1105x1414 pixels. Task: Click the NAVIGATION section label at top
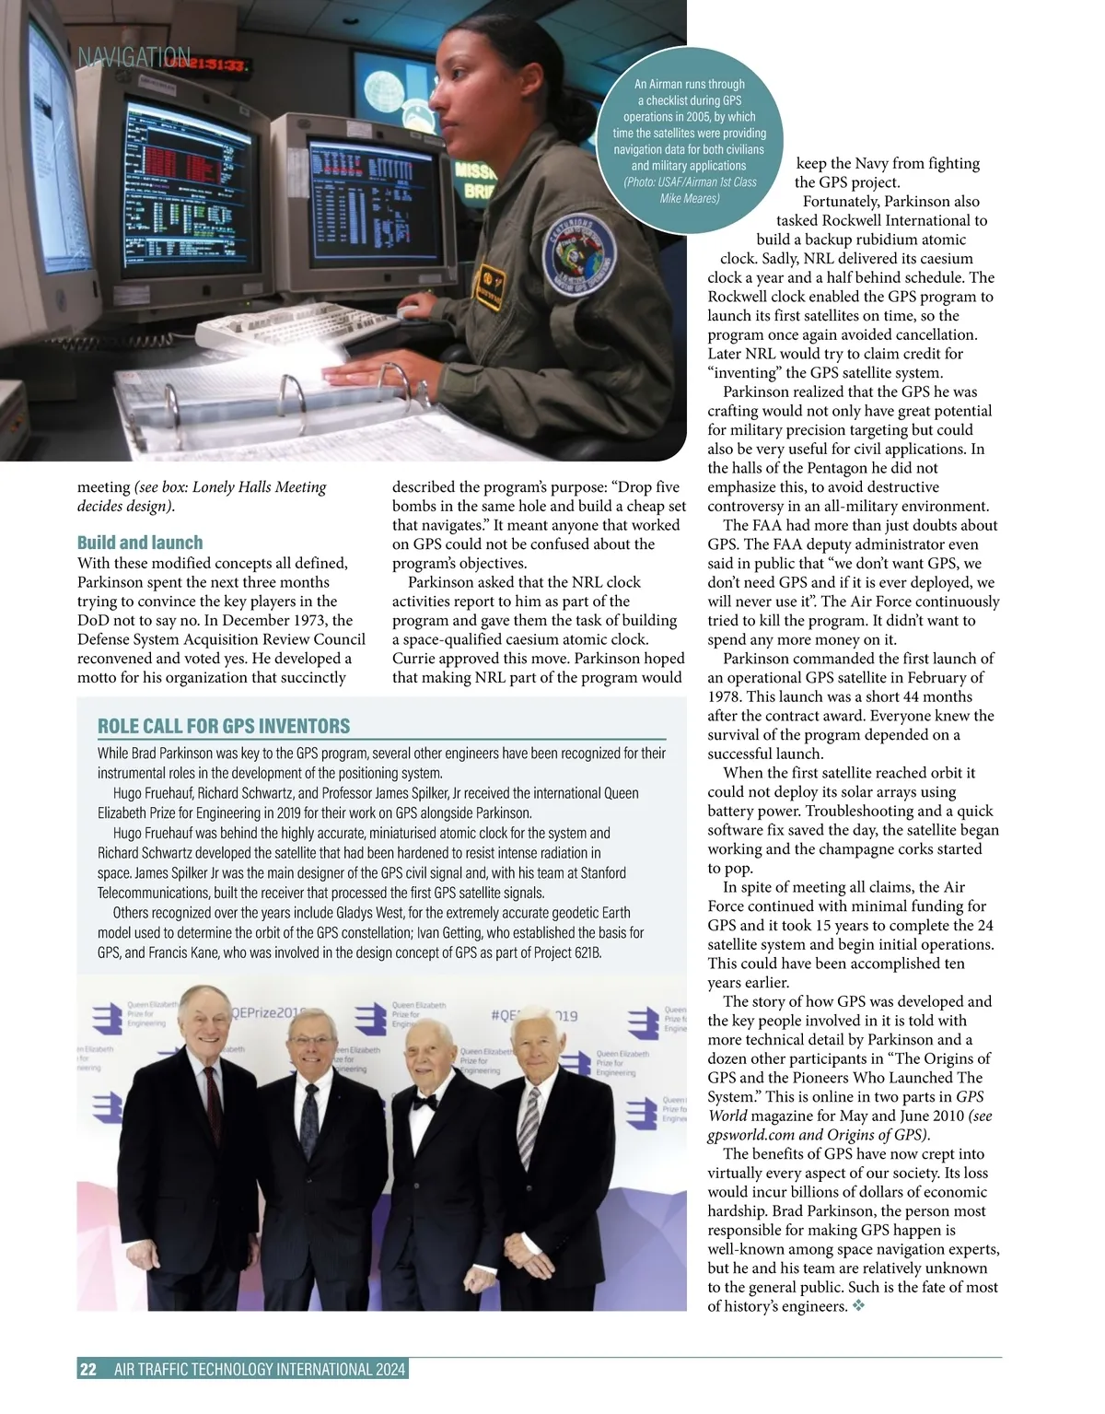tap(134, 57)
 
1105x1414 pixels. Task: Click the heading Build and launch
tap(140, 543)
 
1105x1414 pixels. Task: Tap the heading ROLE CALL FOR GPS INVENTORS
tap(224, 726)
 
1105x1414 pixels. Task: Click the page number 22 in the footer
tap(87, 1369)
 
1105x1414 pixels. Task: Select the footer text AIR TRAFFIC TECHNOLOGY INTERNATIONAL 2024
tap(260, 1369)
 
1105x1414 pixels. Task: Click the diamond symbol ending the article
tap(859, 1306)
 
